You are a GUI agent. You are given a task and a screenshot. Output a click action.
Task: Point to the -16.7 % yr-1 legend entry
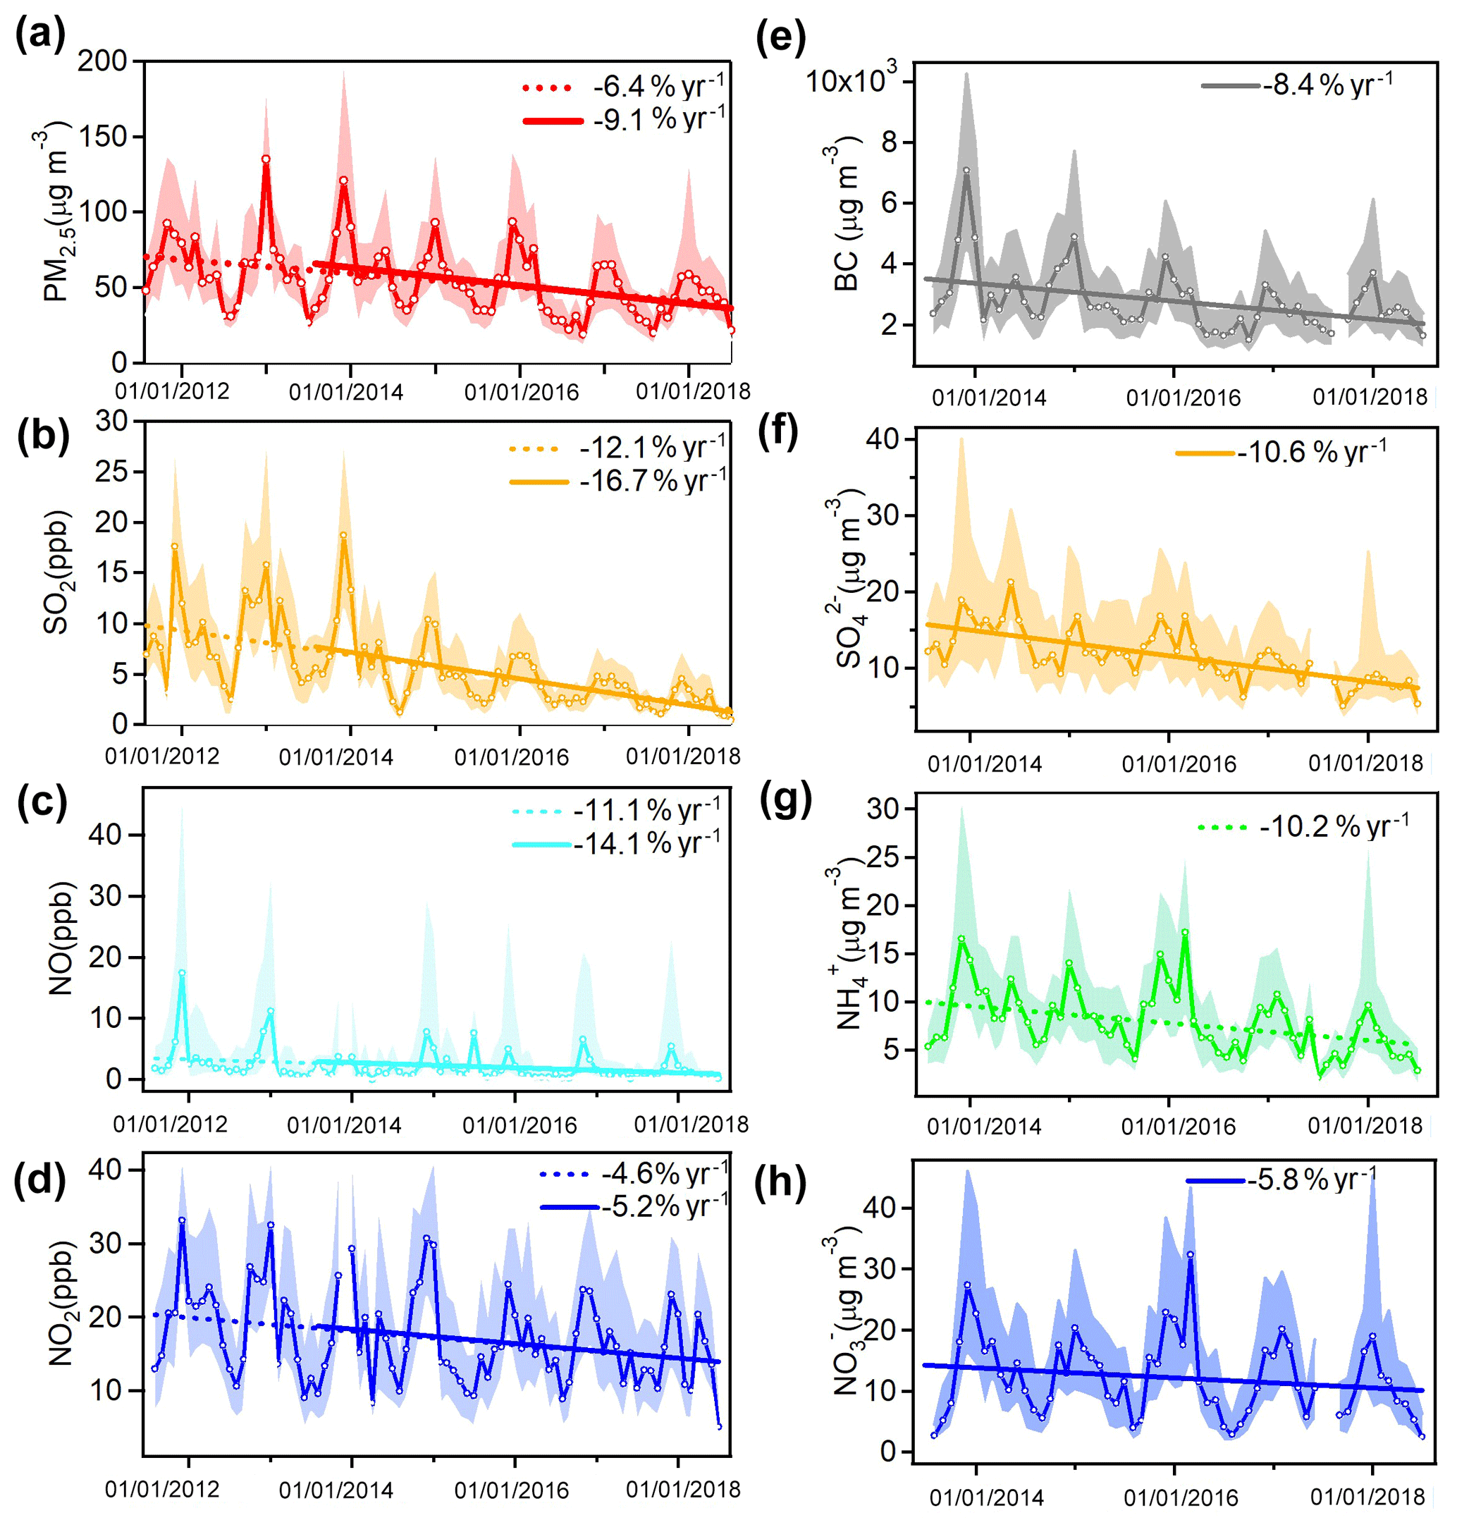[x=653, y=481]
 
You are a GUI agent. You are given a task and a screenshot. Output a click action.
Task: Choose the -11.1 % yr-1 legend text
[x=647, y=810]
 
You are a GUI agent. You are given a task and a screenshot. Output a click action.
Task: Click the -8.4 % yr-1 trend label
[x=1327, y=83]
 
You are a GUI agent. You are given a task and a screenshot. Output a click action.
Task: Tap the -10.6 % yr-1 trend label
[x=1312, y=451]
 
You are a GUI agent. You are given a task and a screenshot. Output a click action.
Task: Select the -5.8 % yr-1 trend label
[x=1312, y=1180]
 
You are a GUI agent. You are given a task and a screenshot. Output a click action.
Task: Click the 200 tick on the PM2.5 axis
[x=102, y=61]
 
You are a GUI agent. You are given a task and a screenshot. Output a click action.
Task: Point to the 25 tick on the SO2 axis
[x=111, y=471]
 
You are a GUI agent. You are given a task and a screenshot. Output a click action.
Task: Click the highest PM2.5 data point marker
[x=266, y=159]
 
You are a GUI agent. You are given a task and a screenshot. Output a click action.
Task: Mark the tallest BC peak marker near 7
[x=966, y=170]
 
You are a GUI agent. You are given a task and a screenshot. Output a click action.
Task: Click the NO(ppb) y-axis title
[x=60, y=938]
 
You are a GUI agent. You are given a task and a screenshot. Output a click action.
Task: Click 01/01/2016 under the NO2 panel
[x=512, y=1489]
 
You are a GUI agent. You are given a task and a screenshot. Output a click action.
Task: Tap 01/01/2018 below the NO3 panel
[x=1367, y=1496]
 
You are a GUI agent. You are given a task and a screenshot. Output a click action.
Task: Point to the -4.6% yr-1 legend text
[x=665, y=1173]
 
